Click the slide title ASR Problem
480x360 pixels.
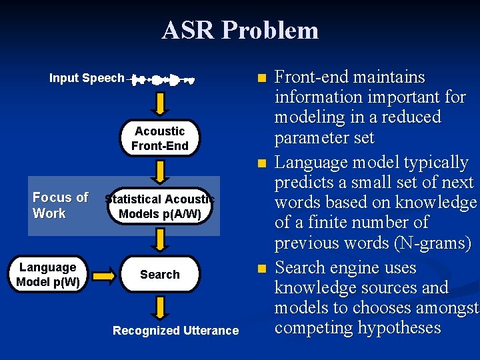tap(240, 31)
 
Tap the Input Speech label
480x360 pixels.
tap(87, 78)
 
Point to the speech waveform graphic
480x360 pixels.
tap(163, 80)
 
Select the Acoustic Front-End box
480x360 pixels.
tap(160, 138)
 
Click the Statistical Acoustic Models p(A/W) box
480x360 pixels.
tap(160, 206)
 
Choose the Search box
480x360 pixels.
tap(160, 274)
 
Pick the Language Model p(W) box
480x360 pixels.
tap(47, 274)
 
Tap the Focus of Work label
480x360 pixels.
tap(60, 205)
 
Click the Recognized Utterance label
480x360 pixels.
tap(175, 331)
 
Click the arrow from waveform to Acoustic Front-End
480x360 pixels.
tap(160, 103)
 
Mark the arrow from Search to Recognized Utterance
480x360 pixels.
tap(160, 307)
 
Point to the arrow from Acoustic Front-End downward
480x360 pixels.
tap(160, 171)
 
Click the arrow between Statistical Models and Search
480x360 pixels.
tap(160, 239)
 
